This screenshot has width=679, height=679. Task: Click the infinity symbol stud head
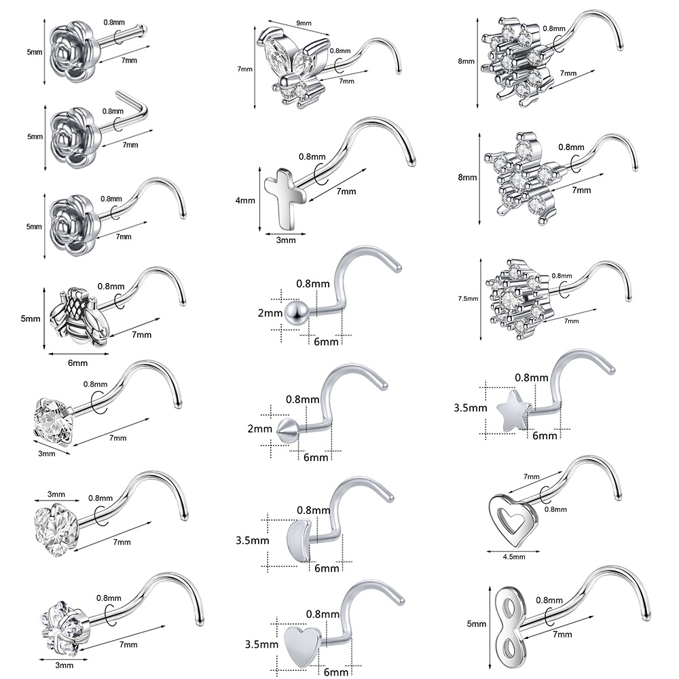pos(511,623)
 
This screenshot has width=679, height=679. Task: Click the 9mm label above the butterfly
pos(304,22)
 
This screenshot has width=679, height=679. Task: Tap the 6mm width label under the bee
pos(78,363)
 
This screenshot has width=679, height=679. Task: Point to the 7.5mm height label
pos(468,298)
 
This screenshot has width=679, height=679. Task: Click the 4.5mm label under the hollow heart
pos(513,557)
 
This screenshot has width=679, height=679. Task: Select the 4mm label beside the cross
pos(245,200)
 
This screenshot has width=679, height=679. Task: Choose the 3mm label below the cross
pos(286,240)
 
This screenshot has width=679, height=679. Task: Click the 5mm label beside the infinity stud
pos(477,624)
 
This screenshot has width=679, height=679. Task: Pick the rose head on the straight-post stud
pos(70,52)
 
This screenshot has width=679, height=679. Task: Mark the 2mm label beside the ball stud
pos(270,312)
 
